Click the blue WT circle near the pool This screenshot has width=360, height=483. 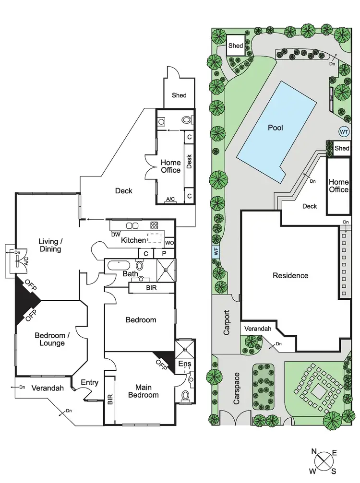pyautogui.click(x=344, y=131)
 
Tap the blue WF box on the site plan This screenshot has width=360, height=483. pyautogui.click(x=216, y=250)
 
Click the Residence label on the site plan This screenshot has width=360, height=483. pyautogui.click(x=290, y=275)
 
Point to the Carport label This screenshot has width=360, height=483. pyautogui.click(x=227, y=324)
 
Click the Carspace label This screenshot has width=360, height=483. pyautogui.click(x=236, y=388)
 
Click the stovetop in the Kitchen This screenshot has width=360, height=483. pyautogui.click(x=154, y=225)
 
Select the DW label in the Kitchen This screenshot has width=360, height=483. pyautogui.click(x=115, y=235)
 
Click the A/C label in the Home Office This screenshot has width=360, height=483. pyautogui.click(x=170, y=199)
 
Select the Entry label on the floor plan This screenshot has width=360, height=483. pyautogui.click(x=89, y=382)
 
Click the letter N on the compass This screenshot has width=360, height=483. pyautogui.click(x=314, y=451)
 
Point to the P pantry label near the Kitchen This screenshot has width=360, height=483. pyautogui.click(x=164, y=253)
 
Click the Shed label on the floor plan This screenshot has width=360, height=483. pyautogui.click(x=179, y=95)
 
